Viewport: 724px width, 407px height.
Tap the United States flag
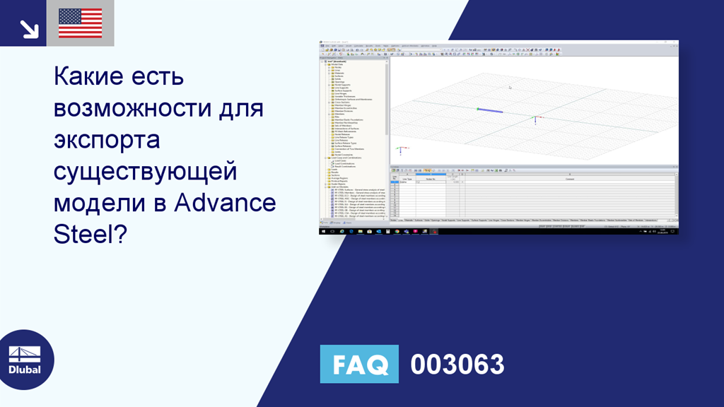coord(80,23)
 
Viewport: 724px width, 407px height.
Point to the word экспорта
coord(107,141)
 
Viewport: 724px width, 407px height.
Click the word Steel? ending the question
coord(90,235)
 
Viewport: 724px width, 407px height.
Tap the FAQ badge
coord(359,365)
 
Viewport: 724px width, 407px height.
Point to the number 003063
coord(457,365)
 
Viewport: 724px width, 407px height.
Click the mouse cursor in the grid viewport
coord(510,87)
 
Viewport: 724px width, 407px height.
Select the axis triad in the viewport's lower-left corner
coord(400,150)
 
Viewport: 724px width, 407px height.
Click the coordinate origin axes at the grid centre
coord(535,119)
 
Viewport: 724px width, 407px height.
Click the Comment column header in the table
coord(569,179)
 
